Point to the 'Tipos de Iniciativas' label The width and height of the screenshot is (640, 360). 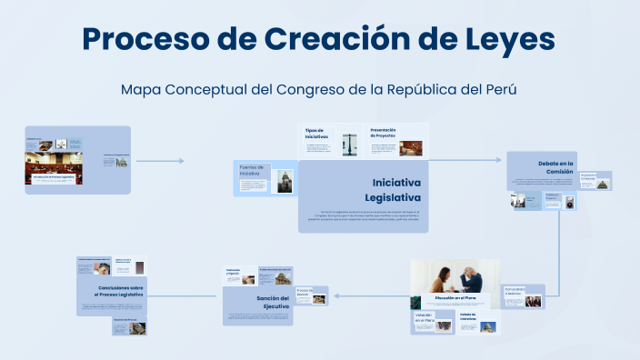[317, 133]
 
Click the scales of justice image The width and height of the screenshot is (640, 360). [349, 144]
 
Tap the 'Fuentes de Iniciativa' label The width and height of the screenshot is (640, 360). [251, 170]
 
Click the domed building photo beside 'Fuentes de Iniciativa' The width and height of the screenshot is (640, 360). [285, 180]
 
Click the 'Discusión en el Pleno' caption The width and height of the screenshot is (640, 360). [455, 298]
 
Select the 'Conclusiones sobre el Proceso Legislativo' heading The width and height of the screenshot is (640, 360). [119, 291]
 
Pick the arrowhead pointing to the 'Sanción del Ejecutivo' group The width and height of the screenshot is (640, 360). [335, 295]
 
